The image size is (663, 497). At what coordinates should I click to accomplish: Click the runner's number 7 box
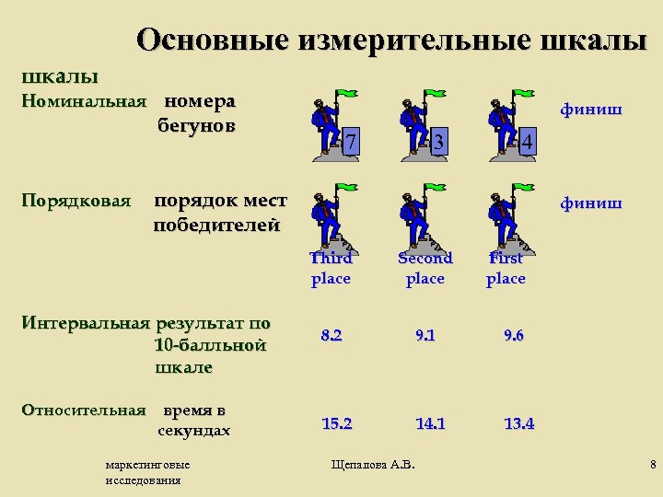348,142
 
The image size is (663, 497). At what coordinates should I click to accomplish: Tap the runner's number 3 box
438,142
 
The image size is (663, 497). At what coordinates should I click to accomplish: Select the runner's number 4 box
526,142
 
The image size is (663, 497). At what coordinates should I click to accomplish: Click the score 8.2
331,336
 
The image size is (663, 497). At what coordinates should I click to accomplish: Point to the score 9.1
425,336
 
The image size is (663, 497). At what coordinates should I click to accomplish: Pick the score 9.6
514,336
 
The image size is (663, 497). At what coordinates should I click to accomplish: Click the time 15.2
336,423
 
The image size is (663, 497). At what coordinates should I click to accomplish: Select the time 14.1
431,423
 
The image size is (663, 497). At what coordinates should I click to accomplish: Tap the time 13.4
519,423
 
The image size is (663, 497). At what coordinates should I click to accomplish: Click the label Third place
331,268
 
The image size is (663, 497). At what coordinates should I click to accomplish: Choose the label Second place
425,268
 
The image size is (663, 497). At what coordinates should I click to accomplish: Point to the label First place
506,268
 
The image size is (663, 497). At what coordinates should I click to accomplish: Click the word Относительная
84,410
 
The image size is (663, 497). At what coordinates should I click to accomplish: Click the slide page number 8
652,463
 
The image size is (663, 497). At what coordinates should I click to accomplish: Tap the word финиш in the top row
591,111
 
